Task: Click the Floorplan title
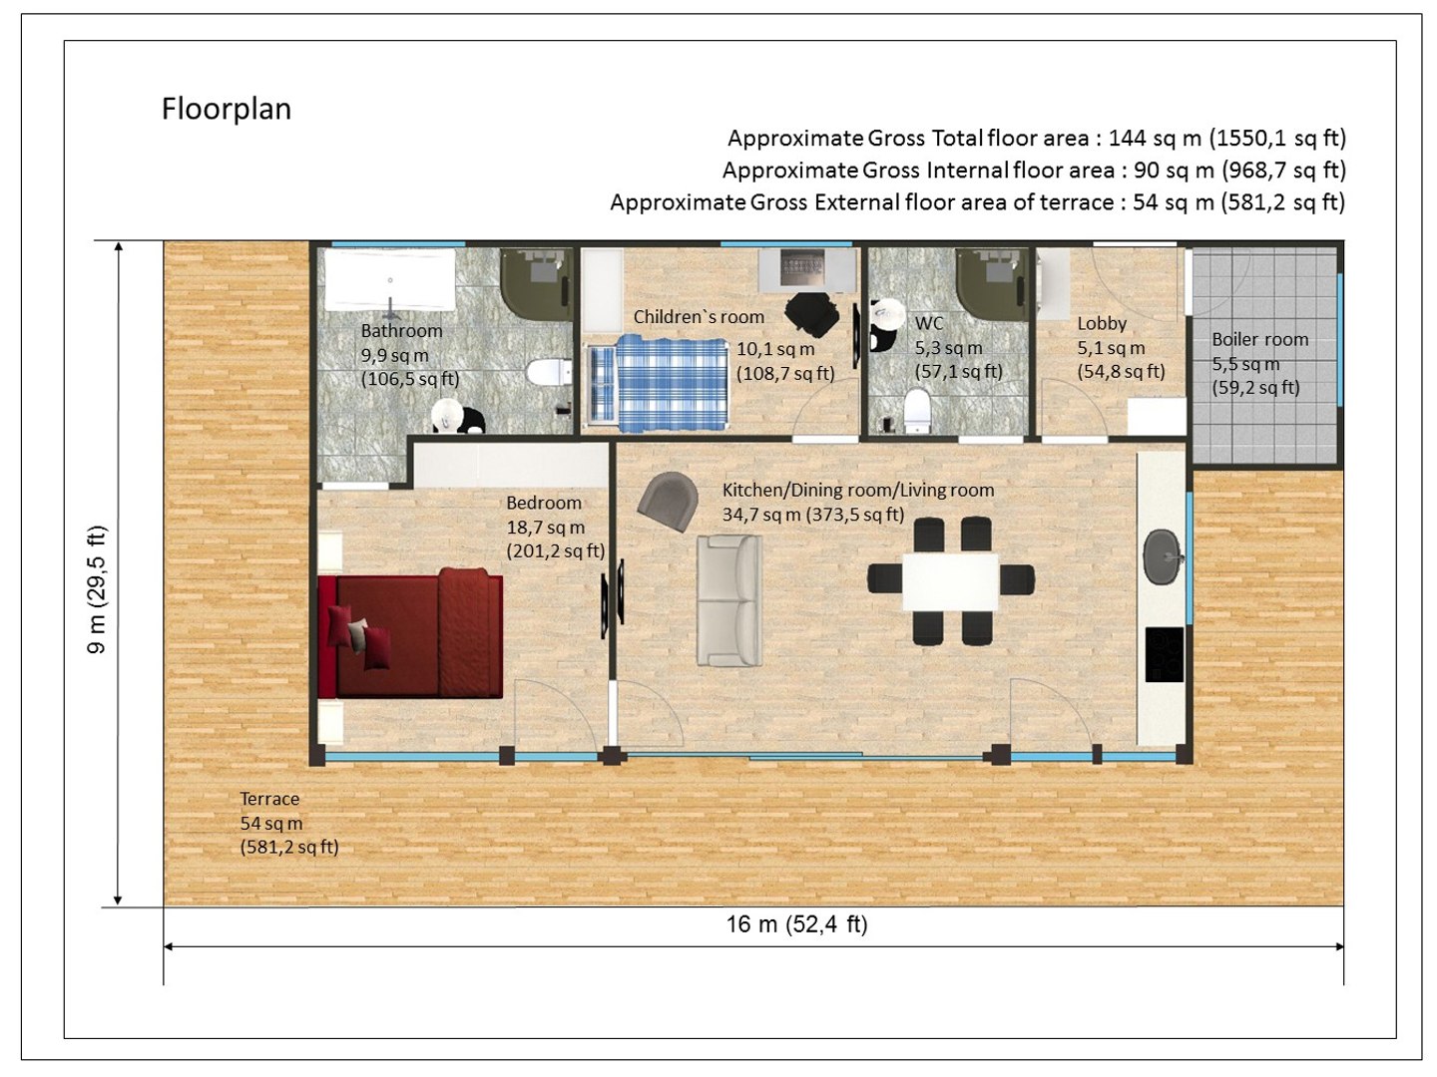pyautogui.click(x=227, y=109)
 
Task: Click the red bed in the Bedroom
pyautogui.click(x=411, y=634)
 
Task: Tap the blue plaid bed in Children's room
pyautogui.click(x=659, y=383)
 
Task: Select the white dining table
pyautogui.click(x=950, y=581)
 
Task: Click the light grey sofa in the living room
pyautogui.click(x=729, y=601)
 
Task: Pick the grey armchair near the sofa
pyautogui.click(x=669, y=500)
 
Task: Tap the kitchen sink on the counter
pyautogui.click(x=1162, y=556)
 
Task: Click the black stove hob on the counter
pyautogui.click(x=1164, y=654)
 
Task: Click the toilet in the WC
pyautogui.click(x=916, y=410)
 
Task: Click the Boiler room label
pyautogui.click(x=1259, y=340)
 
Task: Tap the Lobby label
pyautogui.click(x=1102, y=323)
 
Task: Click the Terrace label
pyautogui.click(x=269, y=799)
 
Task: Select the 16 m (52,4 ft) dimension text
pyautogui.click(x=796, y=924)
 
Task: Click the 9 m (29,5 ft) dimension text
pyautogui.click(x=97, y=588)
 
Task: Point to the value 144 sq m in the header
pyautogui.click(x=1155, y=138)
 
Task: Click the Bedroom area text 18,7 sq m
pyautogui.click(x=545, y=528)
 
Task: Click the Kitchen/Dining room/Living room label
pyautogui.click(x=858, y=490)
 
